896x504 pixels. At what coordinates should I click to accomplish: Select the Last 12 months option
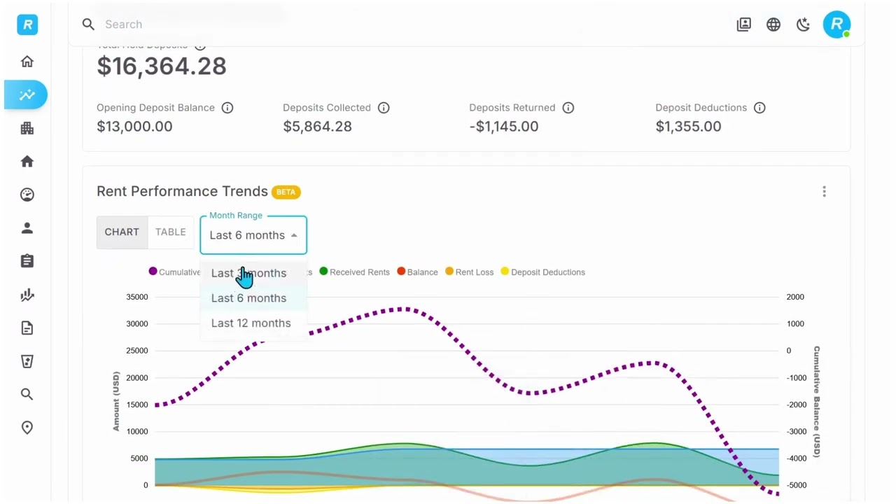(251, 323)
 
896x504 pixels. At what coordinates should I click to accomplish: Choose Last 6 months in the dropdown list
(248, 298)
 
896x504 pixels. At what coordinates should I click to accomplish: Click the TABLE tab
(171, 232)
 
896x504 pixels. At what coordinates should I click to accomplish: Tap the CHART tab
(122, 232)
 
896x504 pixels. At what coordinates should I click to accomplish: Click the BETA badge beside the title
(286, 192)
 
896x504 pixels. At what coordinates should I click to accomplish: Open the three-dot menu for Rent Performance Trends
(824, 192)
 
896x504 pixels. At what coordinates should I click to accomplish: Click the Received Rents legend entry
(354, 272)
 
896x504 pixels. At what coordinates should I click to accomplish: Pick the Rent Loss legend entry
(469, 272)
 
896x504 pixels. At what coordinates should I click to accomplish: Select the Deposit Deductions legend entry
(542, 272)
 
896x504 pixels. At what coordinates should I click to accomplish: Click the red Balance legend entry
(417, 272)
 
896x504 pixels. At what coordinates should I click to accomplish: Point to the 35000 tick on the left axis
(136, 297)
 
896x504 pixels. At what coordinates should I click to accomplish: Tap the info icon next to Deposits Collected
(384, 108)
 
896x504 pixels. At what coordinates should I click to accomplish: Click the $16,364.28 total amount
(162, 66)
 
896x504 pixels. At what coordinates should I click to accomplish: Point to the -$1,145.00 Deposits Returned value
(503, 127)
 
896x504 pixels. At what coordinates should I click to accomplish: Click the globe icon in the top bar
(773, 24)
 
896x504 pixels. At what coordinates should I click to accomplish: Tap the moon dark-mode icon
(804, 24)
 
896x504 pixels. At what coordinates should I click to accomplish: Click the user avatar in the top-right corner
(836, 24)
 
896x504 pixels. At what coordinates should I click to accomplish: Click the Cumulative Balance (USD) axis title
(816, 402)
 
